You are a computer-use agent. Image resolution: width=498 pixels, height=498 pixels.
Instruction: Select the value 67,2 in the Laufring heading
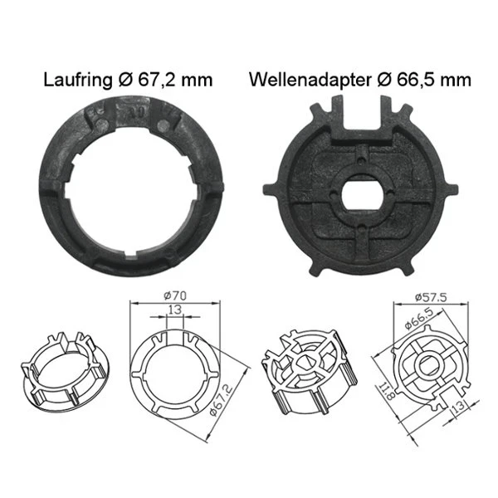point(164,81)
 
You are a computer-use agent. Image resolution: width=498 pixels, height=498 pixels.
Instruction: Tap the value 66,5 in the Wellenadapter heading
point(417,81)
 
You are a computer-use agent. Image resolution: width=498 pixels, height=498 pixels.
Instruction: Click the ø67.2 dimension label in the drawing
point(217,399)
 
